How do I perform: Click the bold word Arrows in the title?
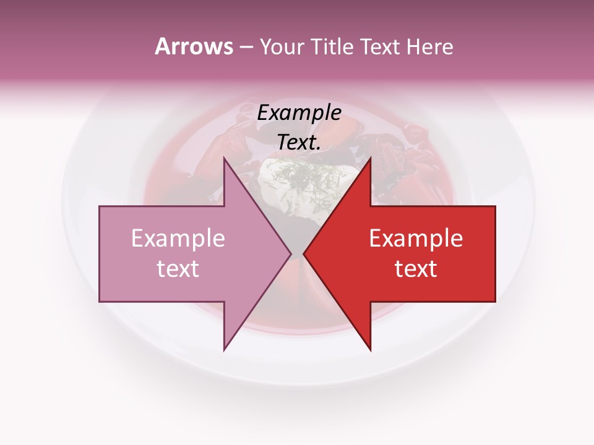coord(194,47)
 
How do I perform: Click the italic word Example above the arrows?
coord(299,112)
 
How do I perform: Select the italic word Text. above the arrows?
coord(299,142)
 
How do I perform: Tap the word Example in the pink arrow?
coord(178,238)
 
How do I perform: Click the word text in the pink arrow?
coord(178,268)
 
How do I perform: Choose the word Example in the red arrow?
coord(416,238)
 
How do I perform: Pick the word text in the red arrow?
coord(416,268)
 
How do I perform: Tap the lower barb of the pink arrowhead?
coord(225,347)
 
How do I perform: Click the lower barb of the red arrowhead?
coord(369,347)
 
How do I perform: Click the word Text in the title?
coord(379,47)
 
